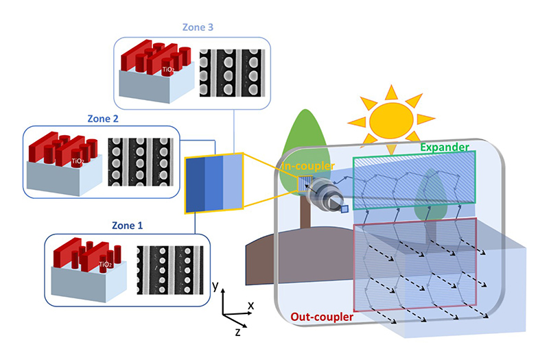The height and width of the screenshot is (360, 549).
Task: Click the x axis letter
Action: pos(251,304)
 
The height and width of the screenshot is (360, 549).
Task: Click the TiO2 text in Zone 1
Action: pos(105,264)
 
